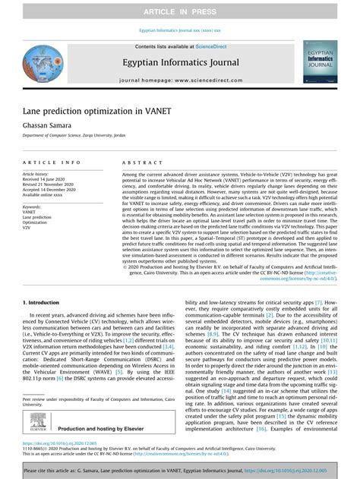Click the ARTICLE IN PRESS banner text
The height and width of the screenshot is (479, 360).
[x=180, y=13]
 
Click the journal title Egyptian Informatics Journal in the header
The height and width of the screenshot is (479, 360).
[x=180, y=62]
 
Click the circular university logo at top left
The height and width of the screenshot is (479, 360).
[x=43, y=63]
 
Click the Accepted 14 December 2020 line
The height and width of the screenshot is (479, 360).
[x=50, y=189]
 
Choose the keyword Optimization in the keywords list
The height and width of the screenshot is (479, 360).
[x=35, y=222]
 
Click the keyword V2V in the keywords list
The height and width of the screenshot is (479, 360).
[x=27, y=227]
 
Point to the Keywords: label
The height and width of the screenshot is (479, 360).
[x=32, y=206]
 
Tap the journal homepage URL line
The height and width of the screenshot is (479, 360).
[x=180, y=79]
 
